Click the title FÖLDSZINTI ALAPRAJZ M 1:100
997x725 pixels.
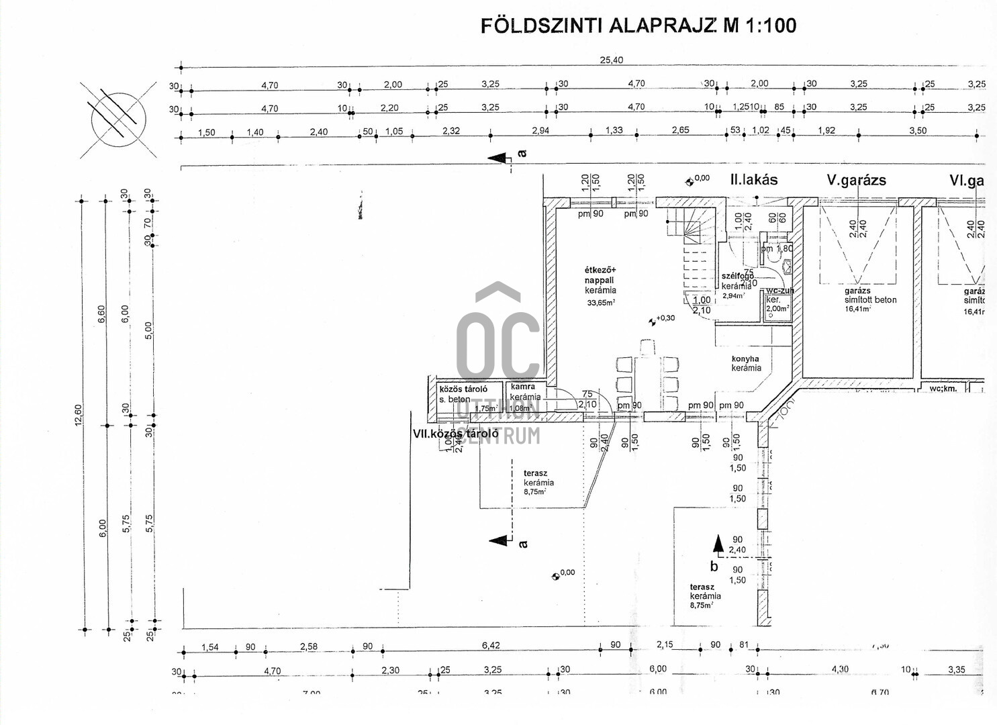(x=638, y=26)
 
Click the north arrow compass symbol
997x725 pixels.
(x=118, y=120)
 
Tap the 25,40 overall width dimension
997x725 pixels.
(x=611, y=60)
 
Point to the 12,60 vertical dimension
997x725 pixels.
(x=78, y=414)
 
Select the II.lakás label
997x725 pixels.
(x=754, y=180)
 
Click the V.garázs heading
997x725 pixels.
(x=856, y=180)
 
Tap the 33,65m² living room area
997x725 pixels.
(x=601, y=303)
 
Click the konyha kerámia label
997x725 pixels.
(x=746, y=363)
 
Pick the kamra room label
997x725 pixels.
(x=523, y=387)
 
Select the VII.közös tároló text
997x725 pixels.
(x=455, y=434)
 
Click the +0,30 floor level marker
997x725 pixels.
(x=665, y=318)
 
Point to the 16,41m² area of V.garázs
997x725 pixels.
(x=857, y=309)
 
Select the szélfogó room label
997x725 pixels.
(x=737, y=276)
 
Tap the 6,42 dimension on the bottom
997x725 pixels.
(x=491, y=646)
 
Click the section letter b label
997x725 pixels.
(x=714, y=567)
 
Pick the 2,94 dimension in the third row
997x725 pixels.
(x=540, y=130)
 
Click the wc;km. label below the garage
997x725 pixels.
(x=943, y=389)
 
